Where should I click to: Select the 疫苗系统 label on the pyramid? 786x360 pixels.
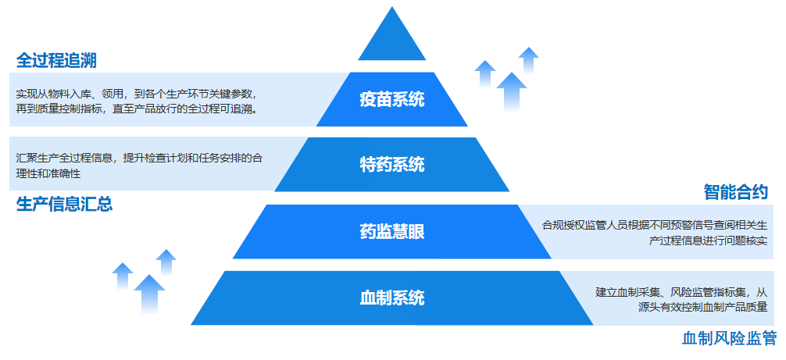pyautogui.click(x=392, y=100)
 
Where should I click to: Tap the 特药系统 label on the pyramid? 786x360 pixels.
pyautogui.click(x=392, y=165)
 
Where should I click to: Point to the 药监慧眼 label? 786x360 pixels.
pyautogui.click(x=392, y=231)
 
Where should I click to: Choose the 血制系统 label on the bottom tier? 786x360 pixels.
pyautogui.click(x=392, y=298)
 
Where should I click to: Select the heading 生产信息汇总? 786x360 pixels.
pyautogui.click(x=65, y=205)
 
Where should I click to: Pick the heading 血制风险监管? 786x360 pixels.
pyautogui.click(x=730, y=338)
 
